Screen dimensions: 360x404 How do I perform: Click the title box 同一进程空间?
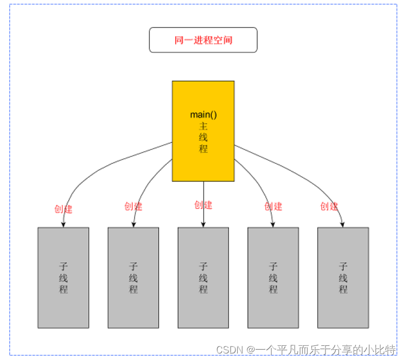[x=203, y=40]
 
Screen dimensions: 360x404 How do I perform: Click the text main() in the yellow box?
[x=203, y=115]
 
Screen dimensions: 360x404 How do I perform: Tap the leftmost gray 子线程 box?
[x=63, y=278]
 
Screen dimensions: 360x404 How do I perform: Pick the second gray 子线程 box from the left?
[x=133, y=278]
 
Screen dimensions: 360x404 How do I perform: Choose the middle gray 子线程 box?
[x=203, y=278]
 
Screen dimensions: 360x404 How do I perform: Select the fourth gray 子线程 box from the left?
[x=273, y=278]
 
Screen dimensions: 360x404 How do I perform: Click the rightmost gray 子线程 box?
[x=343, y=278]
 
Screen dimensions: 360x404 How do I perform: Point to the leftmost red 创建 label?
[x=63, y=209]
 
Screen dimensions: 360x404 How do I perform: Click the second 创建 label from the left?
[x=133, y=206]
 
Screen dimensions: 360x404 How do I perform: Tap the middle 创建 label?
[x=203, y=205]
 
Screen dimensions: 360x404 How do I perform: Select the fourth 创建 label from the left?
[x=273, y=206]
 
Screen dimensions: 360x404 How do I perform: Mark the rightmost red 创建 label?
[x=329, y=206]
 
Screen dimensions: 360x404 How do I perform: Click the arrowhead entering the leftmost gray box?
[x=63, y=224]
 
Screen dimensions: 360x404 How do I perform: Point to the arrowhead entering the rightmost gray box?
[x=343, y=224]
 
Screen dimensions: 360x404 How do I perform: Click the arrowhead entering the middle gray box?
[x=204, y=224]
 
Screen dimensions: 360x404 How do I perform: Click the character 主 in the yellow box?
[x=203, y=126]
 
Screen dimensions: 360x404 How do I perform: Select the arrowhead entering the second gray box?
[x=133, y=224]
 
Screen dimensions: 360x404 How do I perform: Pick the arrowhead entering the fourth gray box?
[x=273, y=224]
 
